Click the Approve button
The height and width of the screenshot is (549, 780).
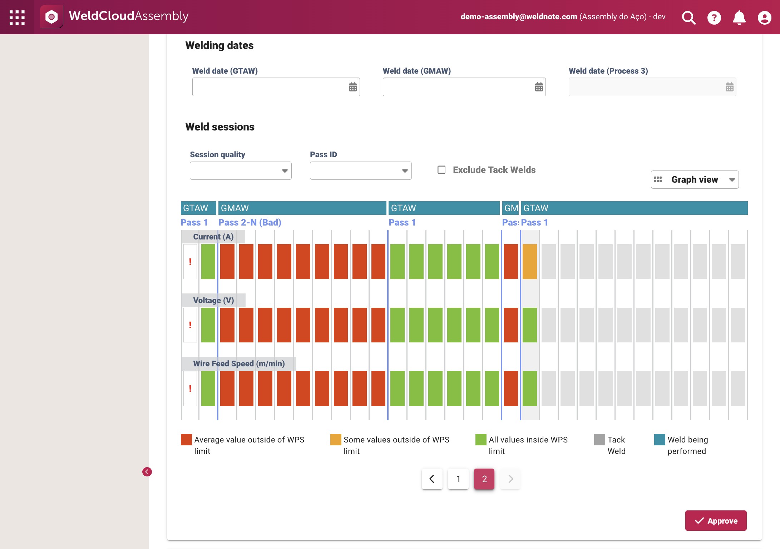(716, 520)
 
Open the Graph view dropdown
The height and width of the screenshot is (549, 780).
(695, 179)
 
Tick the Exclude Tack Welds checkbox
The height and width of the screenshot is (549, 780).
(441, 169)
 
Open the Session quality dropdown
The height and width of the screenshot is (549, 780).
(241, 170)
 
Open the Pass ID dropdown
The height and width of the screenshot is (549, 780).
(361, 170)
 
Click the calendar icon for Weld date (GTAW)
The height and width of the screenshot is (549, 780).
(353, 87)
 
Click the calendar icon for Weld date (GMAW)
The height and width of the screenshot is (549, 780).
(539, 87)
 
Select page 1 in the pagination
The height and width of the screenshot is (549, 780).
(458, 479)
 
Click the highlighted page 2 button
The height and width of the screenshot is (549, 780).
(484, 479)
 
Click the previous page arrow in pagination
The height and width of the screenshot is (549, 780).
(432, 479)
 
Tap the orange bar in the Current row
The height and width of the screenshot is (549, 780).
(530, 262)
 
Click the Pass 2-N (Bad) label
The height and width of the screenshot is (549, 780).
(250, 222)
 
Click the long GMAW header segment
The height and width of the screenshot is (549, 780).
(302, 208)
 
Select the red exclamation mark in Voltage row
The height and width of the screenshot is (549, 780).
(190, 325)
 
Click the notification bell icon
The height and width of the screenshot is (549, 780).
(739, 17)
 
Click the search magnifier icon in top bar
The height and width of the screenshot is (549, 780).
(689, 17)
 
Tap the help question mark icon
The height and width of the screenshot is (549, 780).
(714, 17)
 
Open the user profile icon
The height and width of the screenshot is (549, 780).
(765, 17)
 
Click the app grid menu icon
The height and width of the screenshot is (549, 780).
(17, 17)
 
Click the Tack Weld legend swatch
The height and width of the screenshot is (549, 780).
(599, 440)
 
